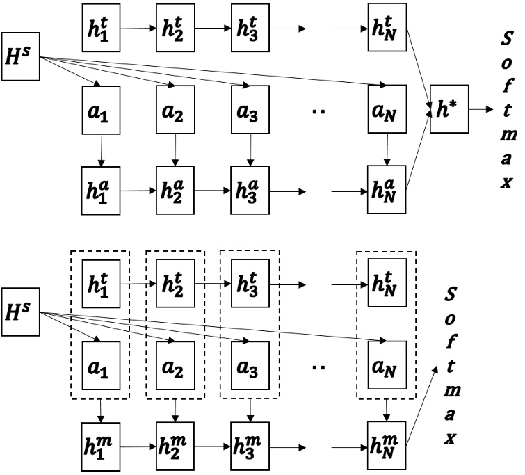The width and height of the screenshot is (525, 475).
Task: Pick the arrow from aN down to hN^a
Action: pyautogui.click(x=386, y=150)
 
